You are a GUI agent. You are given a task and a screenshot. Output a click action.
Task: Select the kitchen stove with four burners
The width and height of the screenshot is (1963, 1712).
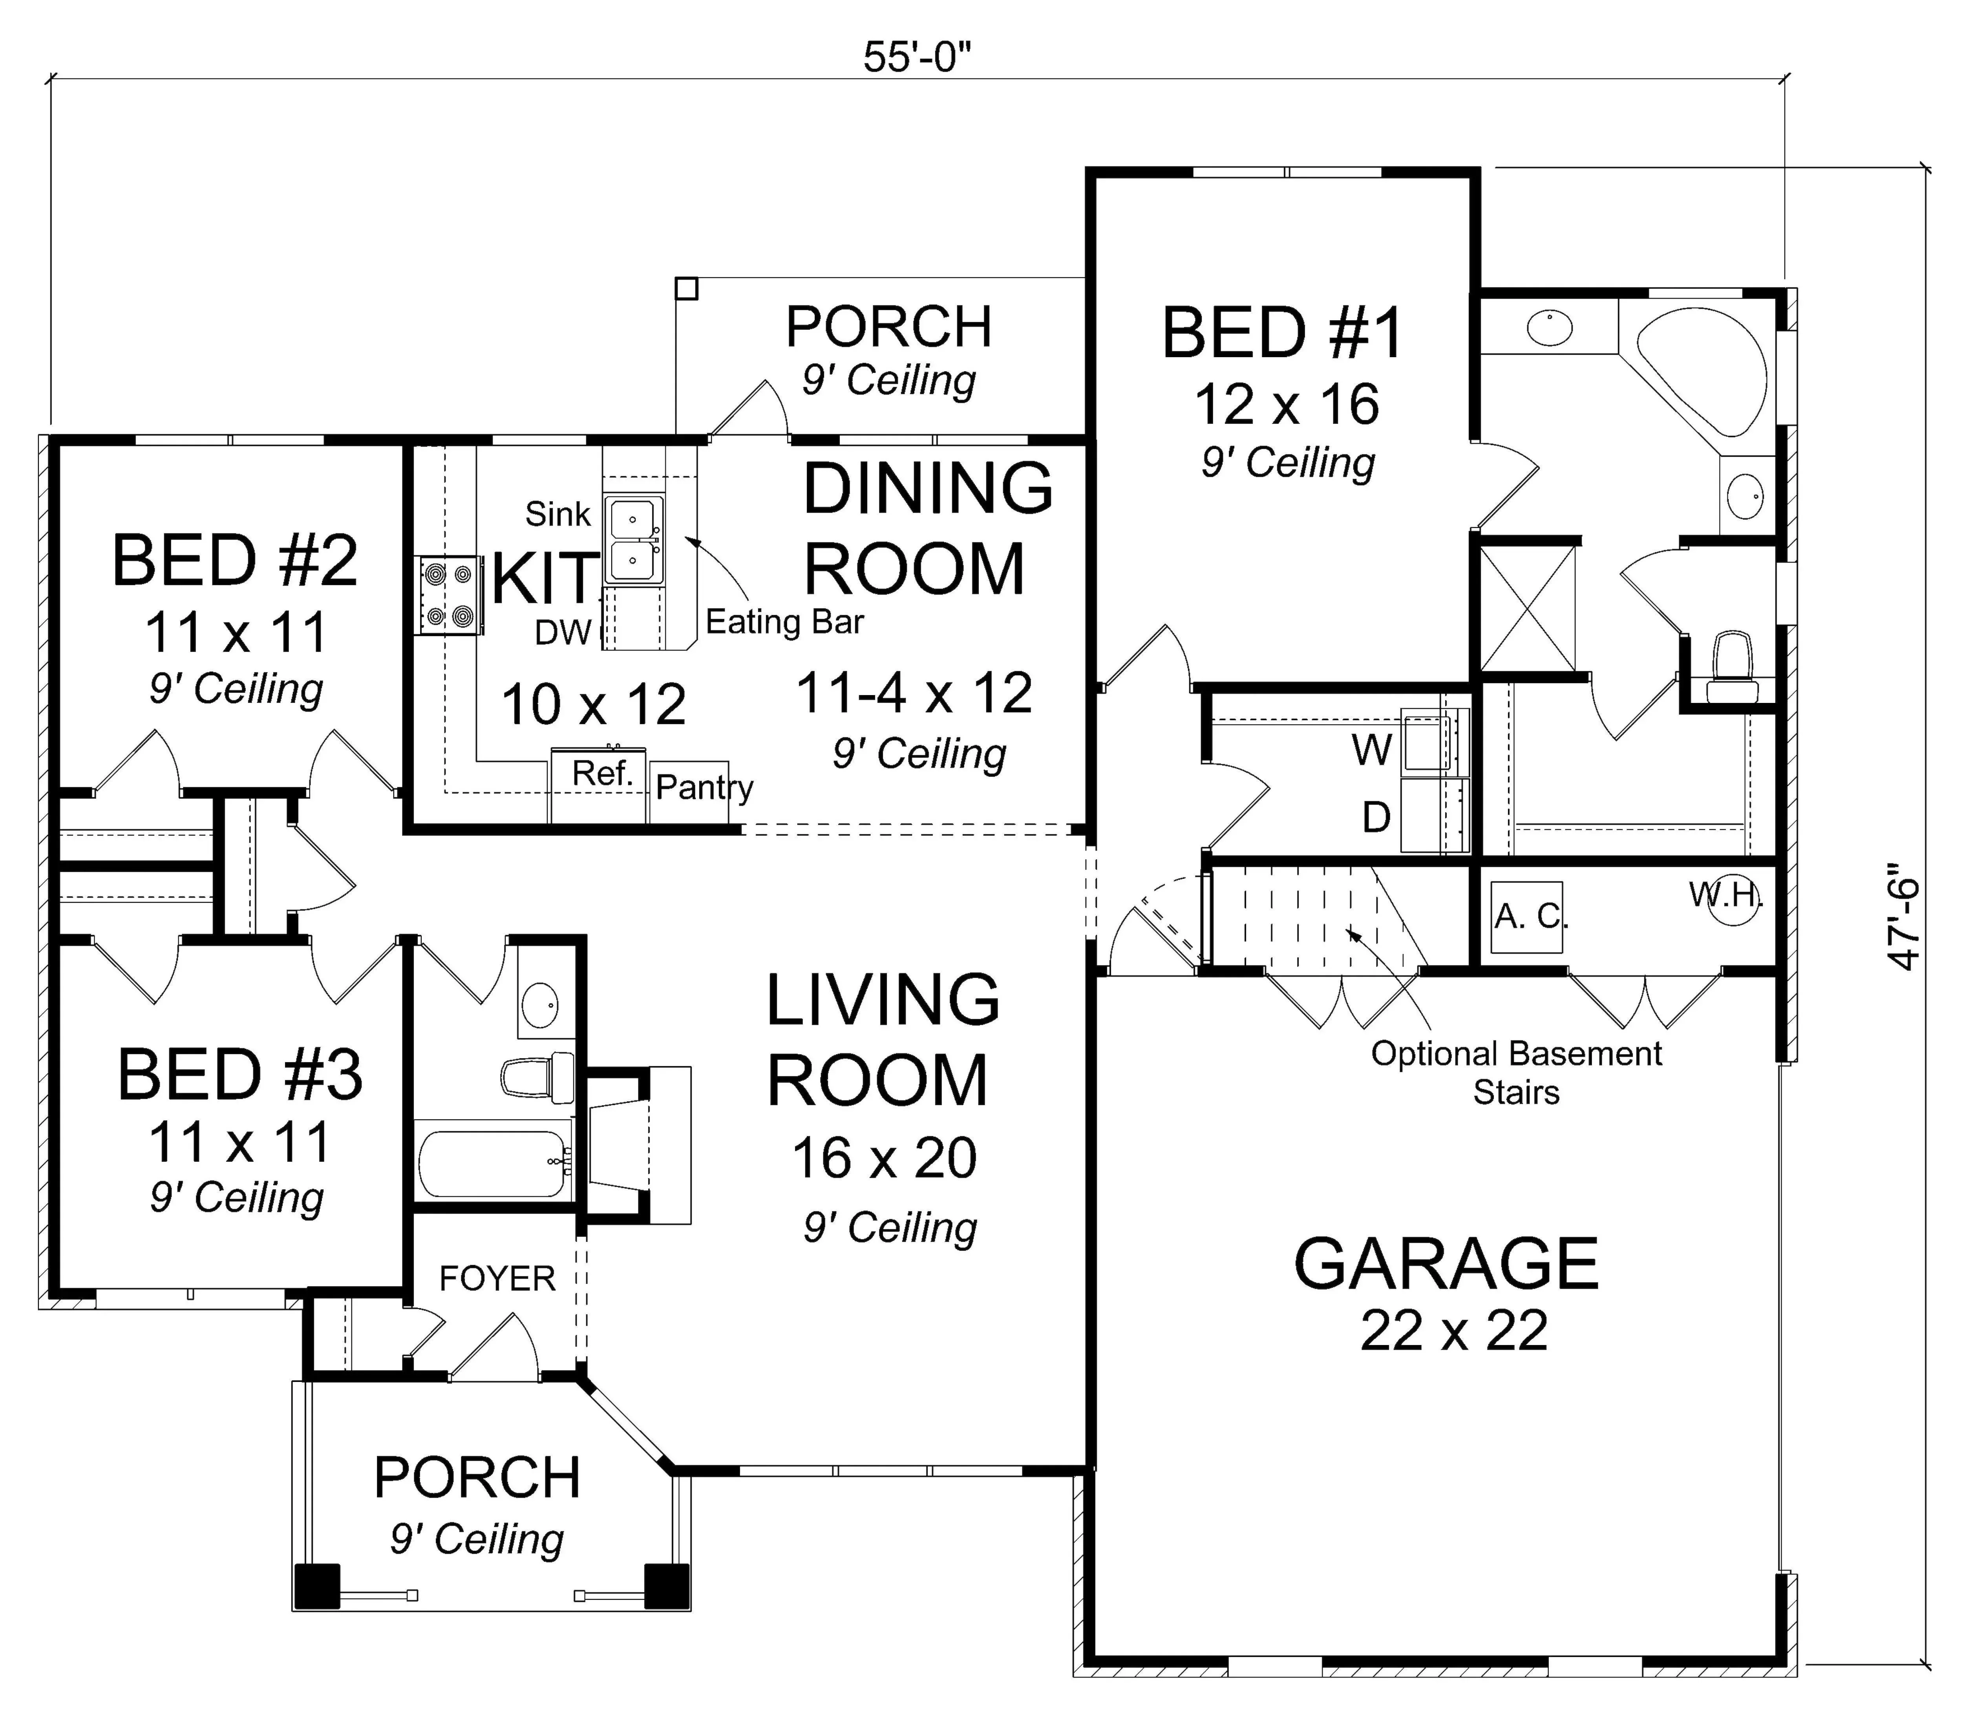tap(449, 595)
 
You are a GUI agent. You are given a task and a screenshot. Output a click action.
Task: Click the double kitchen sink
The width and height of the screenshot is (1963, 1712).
tap(632, 541)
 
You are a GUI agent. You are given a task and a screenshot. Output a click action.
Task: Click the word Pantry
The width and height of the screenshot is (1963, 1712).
tap(704, 787)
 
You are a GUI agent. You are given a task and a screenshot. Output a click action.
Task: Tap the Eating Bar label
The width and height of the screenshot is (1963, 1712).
tap(785, 622)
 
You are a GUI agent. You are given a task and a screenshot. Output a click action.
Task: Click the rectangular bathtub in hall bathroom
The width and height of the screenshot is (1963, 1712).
tap(494, 1164)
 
